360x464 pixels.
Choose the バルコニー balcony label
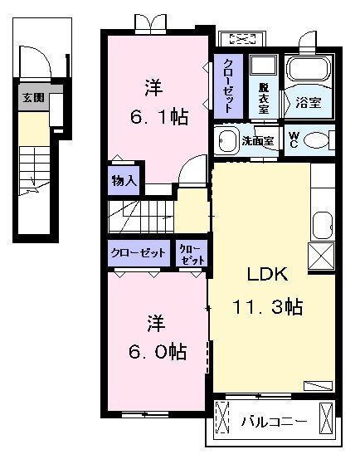coord(274,421)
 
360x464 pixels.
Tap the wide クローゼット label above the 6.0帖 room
coord(139,252)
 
